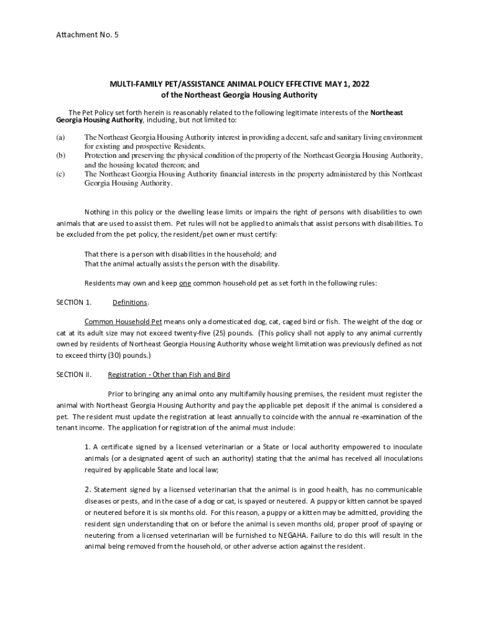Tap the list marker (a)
coord(60,137)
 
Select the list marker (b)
coord(60,155)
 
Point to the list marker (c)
coord(60,175)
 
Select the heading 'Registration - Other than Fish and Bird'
coord(169,375)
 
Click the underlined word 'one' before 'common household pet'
coord(185,283)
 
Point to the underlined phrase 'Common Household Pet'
coord(123,322)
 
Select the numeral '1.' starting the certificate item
coord(88,447)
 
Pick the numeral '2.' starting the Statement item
coord(88,489)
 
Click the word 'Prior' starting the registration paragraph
coord(118,394)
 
